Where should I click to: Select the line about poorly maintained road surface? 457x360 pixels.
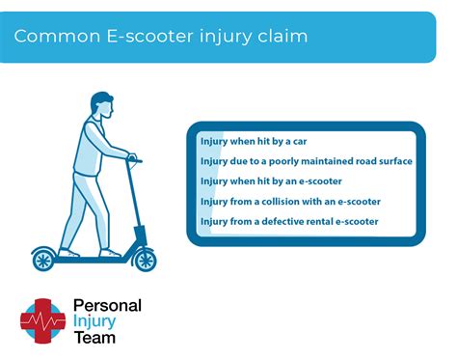click(x=306, y=161)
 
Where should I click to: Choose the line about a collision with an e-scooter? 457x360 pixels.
click(x=290, y=201)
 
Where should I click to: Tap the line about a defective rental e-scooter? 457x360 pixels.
click(x=289, y=221)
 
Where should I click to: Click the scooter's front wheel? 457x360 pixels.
click(x=145, y=259)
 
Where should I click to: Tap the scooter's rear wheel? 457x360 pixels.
click(x=44, y=259)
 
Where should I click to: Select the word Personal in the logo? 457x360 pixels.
click(x=107, y=306)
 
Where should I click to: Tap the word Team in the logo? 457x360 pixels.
click(x=94, y=338)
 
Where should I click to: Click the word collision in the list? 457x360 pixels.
click(x=289, y=201)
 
